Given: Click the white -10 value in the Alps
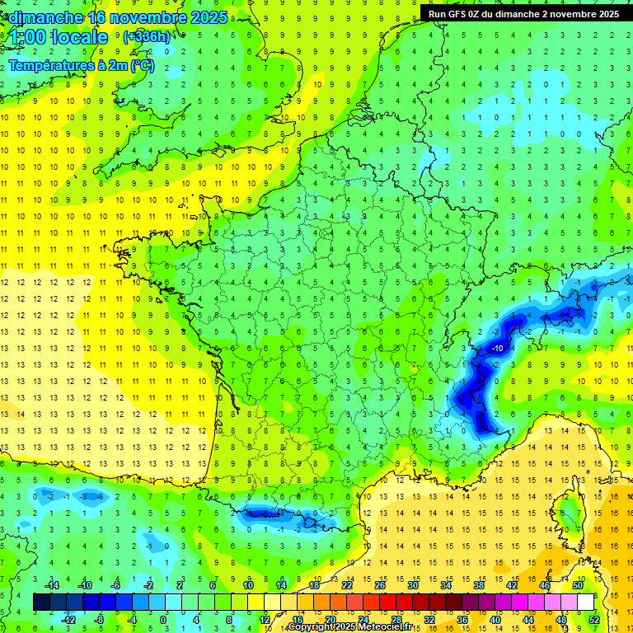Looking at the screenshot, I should pos(498,349).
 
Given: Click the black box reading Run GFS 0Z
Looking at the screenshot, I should pos(524,13).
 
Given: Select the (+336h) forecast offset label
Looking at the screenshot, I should pos(146,36).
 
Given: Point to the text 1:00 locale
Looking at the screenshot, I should pos(59,37).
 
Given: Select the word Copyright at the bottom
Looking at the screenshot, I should pos(310,627).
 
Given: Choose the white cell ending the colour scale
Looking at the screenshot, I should pos(585,603).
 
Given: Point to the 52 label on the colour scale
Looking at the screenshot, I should pos(593,620).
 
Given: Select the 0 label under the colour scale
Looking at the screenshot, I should pos(163,620).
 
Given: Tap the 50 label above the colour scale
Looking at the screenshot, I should pos(577,585).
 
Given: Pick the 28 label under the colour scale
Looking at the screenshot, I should pos(396,620).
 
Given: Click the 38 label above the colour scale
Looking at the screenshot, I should pos(478,585).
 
